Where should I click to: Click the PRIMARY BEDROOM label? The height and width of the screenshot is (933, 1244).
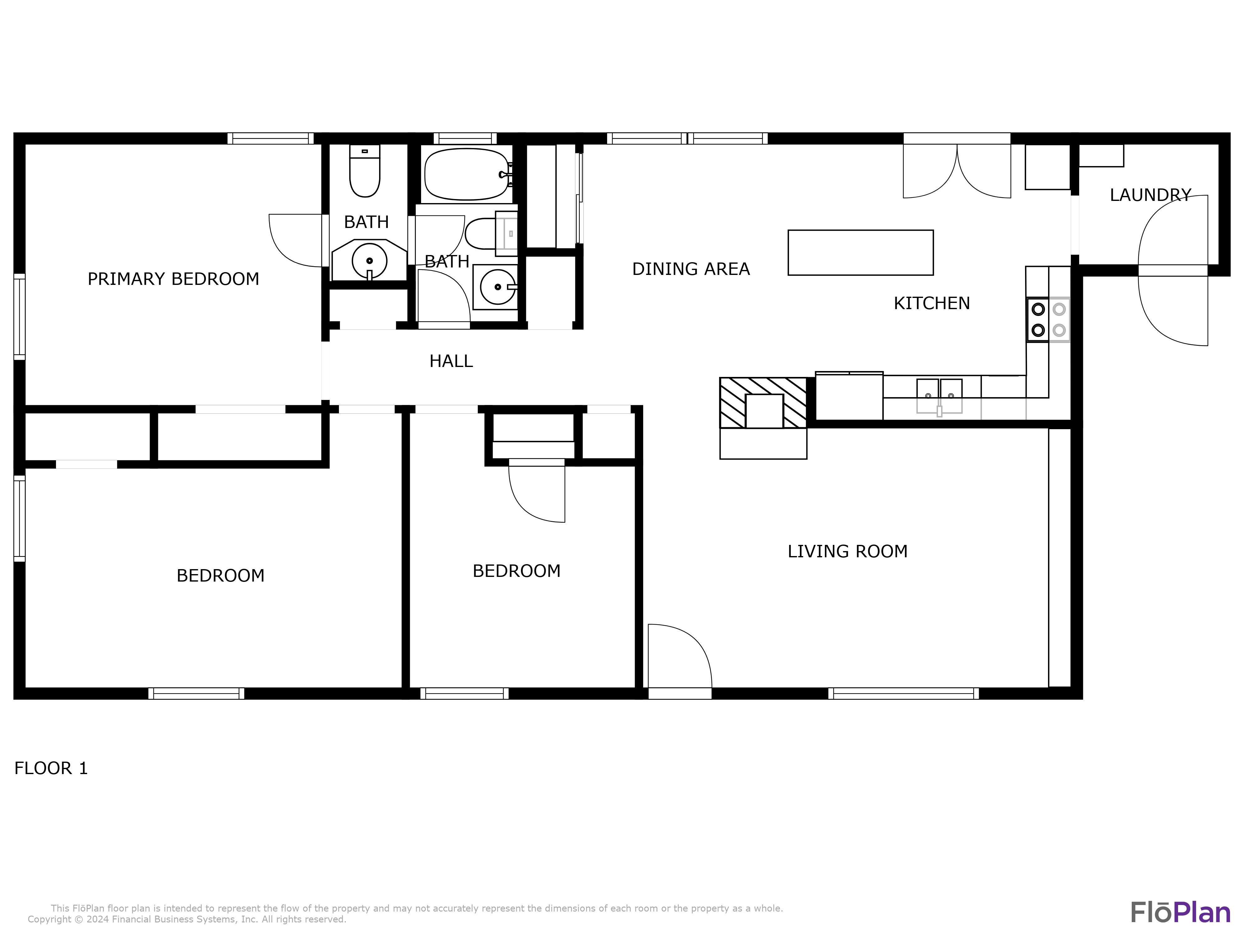(173, 279)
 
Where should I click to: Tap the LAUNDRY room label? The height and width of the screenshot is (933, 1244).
(1150, 195)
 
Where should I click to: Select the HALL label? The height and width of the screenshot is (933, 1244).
(451, 361)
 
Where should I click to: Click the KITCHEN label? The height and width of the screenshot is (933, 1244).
(932, 304)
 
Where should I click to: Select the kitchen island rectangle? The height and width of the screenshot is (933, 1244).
(861, 253)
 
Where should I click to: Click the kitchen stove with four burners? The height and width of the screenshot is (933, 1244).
(1048, 319)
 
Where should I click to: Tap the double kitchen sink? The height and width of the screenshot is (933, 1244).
(939, 395)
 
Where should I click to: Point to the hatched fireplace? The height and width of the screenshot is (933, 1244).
(763, 403)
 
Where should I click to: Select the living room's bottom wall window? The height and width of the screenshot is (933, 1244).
(903, 694)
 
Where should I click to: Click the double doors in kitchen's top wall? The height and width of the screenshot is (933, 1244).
(957, 169)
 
